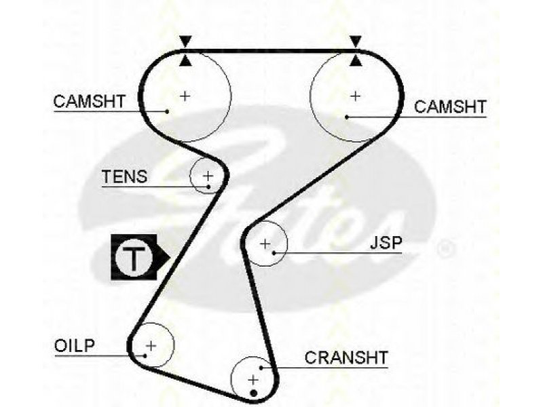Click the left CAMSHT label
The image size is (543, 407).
(x=90, y=101)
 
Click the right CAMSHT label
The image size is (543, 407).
(x=450, y=106)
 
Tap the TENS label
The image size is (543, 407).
(x=124, y=176)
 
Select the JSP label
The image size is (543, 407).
(x=386, y=243)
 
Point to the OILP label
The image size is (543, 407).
(x=75, y=345)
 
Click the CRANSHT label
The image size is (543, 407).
(x=346, y=357)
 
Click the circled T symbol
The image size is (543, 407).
(x=134, y=258)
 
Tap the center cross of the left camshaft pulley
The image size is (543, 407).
(x=185, y=96)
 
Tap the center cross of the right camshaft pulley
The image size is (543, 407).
(x=356, y=96)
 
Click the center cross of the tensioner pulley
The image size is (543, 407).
(x=208, y=176)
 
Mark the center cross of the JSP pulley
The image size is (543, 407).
(x=265, y=244)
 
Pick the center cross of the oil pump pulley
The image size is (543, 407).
(x=151, y=345)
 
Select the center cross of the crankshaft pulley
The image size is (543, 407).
(x=253, y=380)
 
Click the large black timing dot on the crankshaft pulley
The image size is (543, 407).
(x=253, y=393)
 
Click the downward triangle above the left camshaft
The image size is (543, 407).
(x=185, y=41)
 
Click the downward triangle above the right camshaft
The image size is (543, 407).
(x=356, y=41)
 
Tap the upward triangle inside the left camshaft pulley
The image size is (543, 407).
(x=185, y=61)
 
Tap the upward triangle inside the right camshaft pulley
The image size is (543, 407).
(x=356, y=61)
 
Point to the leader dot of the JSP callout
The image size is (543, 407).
(x=274, y=253)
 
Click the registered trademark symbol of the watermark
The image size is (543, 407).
(x=446, y=248)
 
